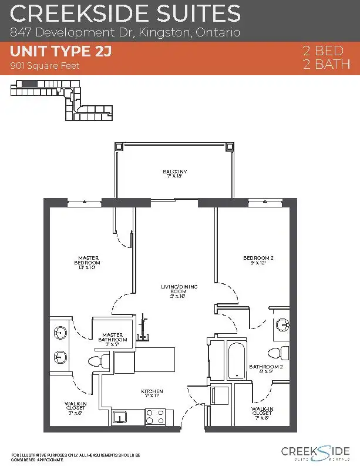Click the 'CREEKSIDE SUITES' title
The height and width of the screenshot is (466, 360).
125,13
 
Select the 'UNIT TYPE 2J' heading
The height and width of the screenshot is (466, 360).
61,52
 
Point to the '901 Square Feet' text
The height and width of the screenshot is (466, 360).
45,66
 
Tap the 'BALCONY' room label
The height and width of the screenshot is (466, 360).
174,173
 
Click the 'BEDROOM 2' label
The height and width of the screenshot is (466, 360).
258,260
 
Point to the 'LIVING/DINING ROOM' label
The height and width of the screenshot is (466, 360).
179,291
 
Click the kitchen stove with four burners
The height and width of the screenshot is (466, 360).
155,417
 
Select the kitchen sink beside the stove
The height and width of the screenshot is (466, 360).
120,418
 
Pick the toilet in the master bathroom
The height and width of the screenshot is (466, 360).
95,360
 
